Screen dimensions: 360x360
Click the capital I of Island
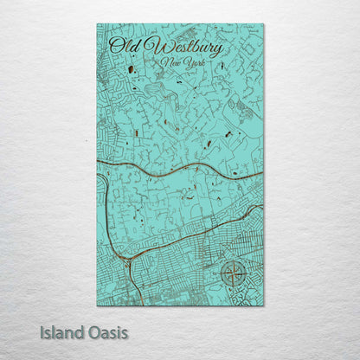[42, 331]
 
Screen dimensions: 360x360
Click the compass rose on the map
[232, 275]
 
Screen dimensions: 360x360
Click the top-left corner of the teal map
[97, 24]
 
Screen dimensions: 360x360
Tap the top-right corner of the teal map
[264, 24]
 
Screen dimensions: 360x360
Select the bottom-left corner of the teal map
[97, 305]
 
